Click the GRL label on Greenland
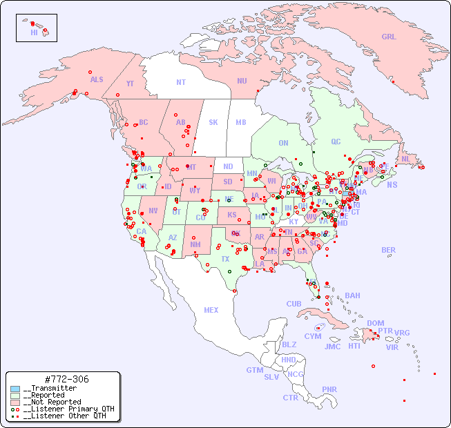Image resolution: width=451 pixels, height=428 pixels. [x=389, y=37]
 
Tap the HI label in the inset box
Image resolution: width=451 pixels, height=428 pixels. [x=34, y=32]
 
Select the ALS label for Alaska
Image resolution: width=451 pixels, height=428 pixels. [x=97, y=79]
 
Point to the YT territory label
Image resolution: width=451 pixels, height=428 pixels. [x=130, y=83]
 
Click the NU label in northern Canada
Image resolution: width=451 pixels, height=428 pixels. [x=242, y=81]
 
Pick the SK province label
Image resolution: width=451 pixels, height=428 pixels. [x=213, y=122]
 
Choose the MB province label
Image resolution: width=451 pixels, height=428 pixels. [x=240, y=122]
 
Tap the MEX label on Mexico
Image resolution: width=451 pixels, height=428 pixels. [x=211, y=310]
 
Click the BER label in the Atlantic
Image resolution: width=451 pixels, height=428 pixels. [x=389, y=250]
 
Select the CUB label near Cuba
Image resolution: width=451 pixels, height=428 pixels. [x=294, y=304]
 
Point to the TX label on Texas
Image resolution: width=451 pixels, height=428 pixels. [x=225, y=260]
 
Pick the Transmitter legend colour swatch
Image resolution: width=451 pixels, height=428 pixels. [x=15, y=389]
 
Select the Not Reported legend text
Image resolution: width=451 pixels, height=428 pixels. [x=52, y=402]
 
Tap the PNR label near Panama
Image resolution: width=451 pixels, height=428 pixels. [x=329, y=389]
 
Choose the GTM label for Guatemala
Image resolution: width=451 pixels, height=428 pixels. [x=254, y=370]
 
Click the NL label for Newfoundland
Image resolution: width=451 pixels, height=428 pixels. [x=405, y=159]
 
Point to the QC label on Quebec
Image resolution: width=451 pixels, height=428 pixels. [x=336, y=142]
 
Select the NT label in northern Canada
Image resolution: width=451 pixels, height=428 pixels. [x=181, y=82]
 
